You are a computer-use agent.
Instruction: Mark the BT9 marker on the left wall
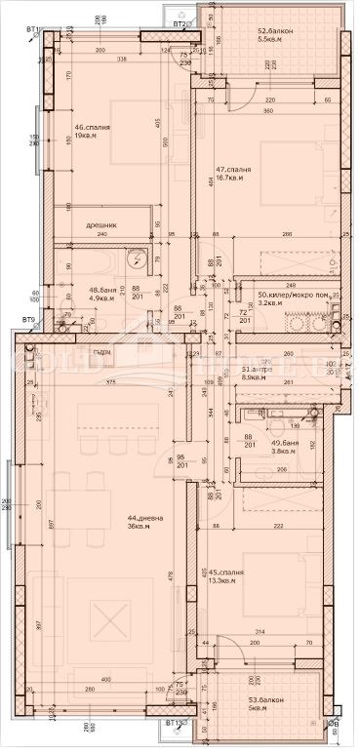pos(28,320)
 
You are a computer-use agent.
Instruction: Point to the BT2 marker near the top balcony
pos(179,21)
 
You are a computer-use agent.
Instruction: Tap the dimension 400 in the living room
pos(104,680)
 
